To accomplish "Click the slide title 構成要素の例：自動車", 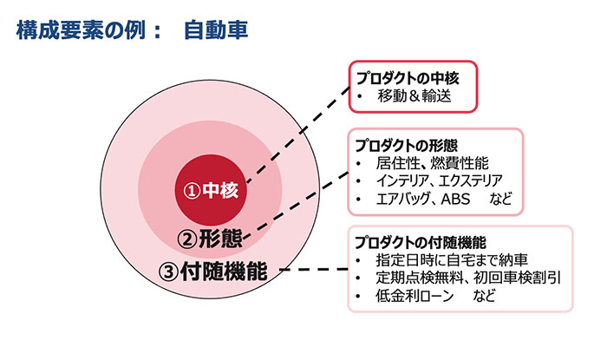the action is pyautogui.click(x=132, y=30).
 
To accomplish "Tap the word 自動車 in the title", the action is pyautogui.click(x=216, y=30).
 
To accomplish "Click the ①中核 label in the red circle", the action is pyautogui.click(x=211, y=190).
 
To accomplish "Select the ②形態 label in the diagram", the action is pyautogui.click(x=210, y=239).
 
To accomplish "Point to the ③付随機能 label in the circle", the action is pyautogui.click(x=212, y=271).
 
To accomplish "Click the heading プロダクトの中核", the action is pyautogui.click(x=408, y=78).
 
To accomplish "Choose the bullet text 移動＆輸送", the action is pyautogui.click(x=414, y=95).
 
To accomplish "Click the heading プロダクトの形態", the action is pyautogui.click(x=406, y=146).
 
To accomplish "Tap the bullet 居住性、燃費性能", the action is pyautogui.click(x=432, y=163).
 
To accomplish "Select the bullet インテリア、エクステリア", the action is pyautogui.click(x=440, y=180).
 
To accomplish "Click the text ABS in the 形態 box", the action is pyautogui.click(x=455, y=199).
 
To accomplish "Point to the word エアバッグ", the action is pyautogui.click(x=402, y=199).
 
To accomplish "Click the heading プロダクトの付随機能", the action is pyautogui.click(x=421, y=243).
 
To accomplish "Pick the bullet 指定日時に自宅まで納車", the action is pyautogui.click(x=452, y=260).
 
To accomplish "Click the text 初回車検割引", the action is pyautogui.click(x=517, y=278).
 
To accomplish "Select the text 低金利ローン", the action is pyautogui.click(x=414, y=296).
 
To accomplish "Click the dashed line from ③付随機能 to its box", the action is pyautogui.click(x=314, y=269).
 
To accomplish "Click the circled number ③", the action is pyautogui.click(x=167, y=272).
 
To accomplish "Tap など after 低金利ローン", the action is pyautogui.click(x=484, y=296).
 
